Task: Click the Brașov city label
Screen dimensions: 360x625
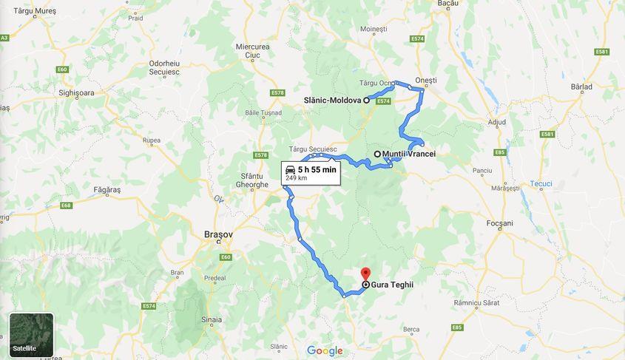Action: click(x=218, y=234)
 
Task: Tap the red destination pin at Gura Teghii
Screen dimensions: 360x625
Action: click(x=365, y=274)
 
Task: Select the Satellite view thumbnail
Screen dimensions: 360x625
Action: click(x=31, y=335)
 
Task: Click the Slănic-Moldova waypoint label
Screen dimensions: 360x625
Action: click(x=332, y=100)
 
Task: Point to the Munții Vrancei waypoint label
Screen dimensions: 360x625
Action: click(x=409, y=154)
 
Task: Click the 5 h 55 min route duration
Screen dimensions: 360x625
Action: click(x=317, y=169)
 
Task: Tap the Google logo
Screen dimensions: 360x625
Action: click(x=325, y=350)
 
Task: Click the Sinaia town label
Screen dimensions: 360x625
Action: click(x=211, y=320)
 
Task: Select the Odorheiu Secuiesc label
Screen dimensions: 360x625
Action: click(x=170, y=67)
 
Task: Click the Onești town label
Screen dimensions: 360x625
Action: click(x=426, y=80)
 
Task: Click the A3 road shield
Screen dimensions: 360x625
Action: click(x=4, y=37)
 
